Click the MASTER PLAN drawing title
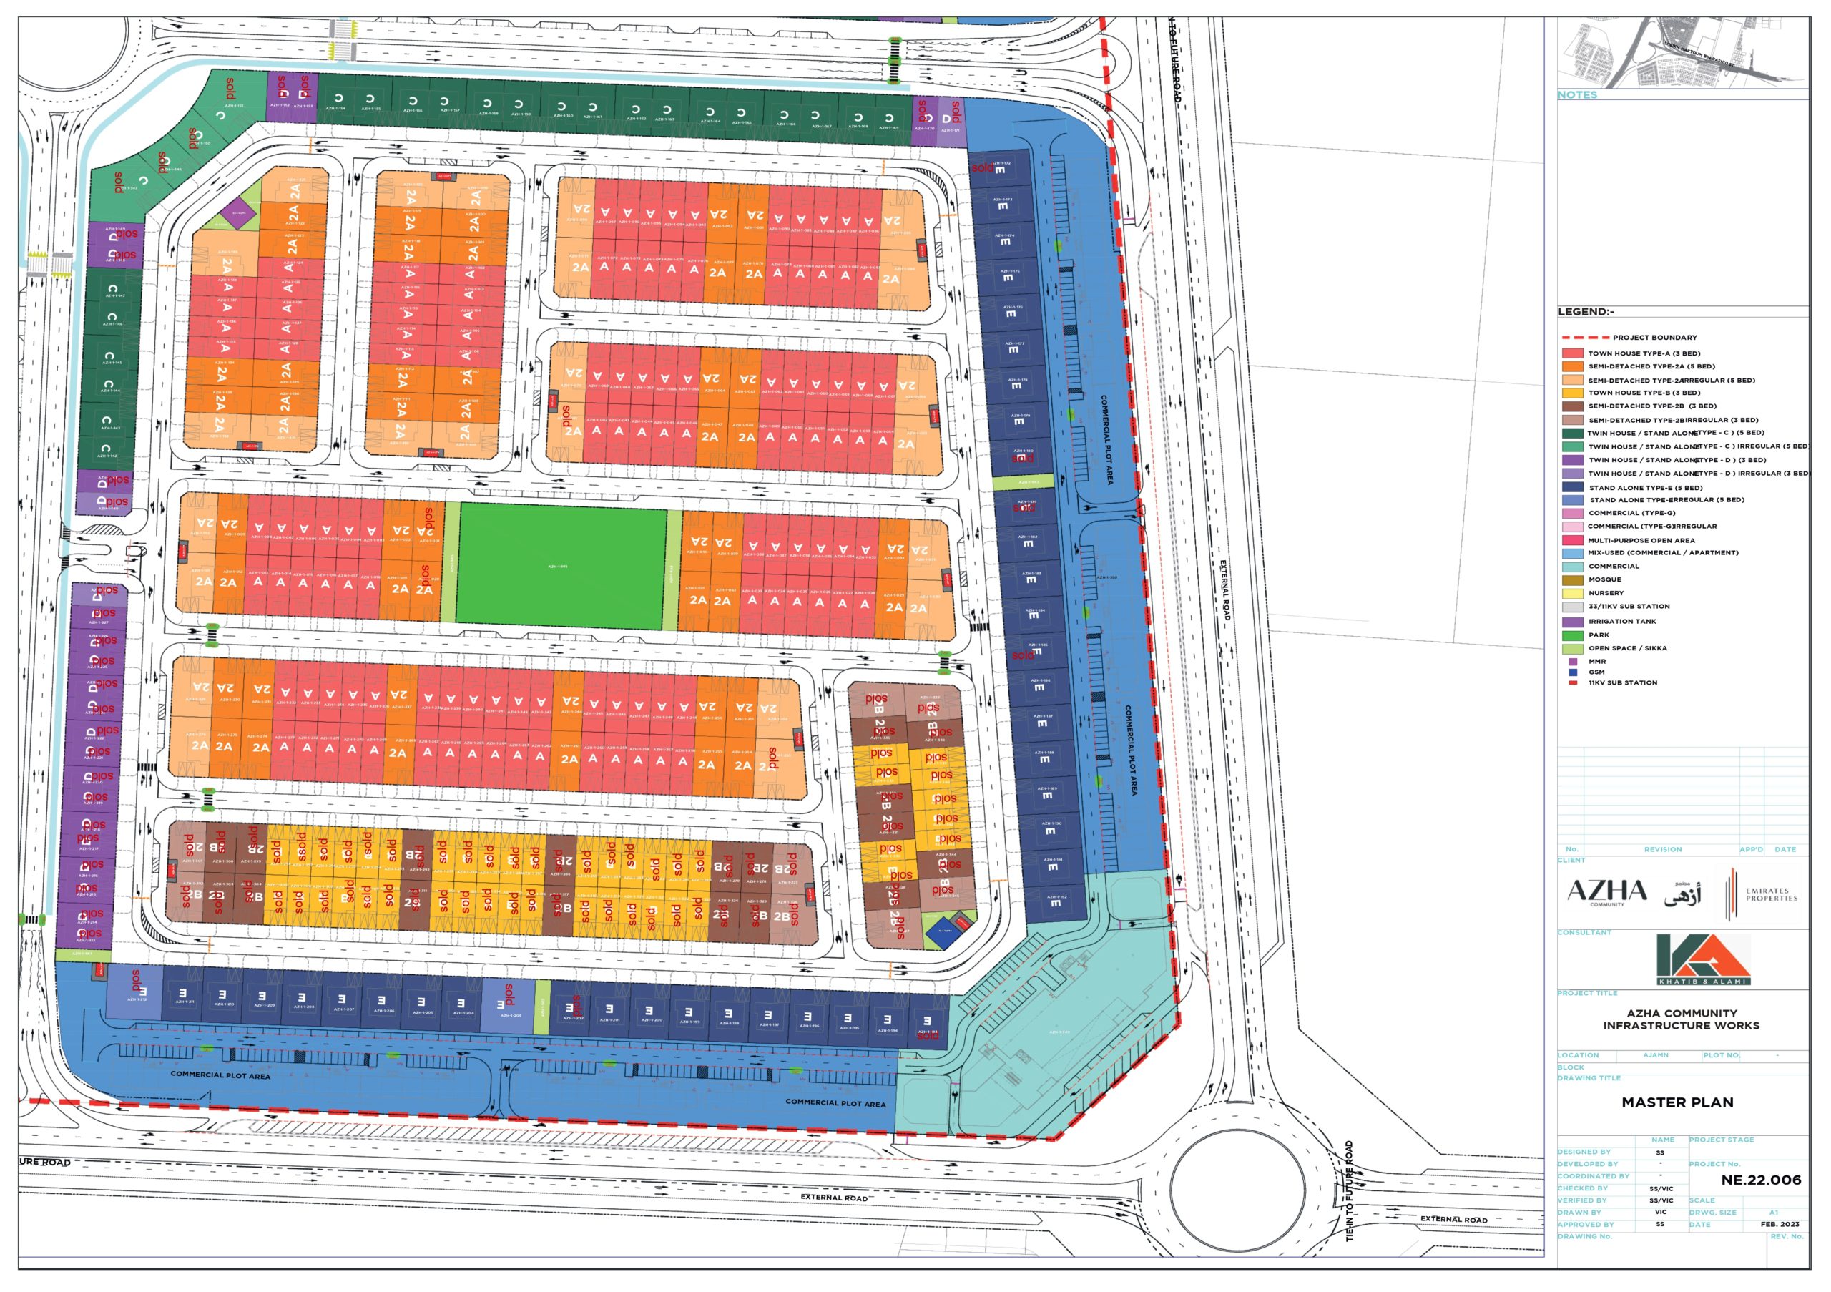tap(1677, 1102)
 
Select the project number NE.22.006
tap(1761, 1180)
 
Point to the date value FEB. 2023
tap(1780, 1224)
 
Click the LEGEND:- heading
tap(1586, 312)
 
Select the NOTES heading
tap(1577, 95)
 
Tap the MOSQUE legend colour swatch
tap(1573, 579)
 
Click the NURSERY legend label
tap(1605, 593)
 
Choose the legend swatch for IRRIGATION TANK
tap(1573, 621)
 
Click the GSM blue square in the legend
tap(1573, 672)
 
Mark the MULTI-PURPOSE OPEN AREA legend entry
tap(1641, 540)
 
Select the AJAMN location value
tap(1656, 1055)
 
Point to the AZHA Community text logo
tap(1607, 891)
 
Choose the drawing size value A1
tap(1774, 1213)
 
